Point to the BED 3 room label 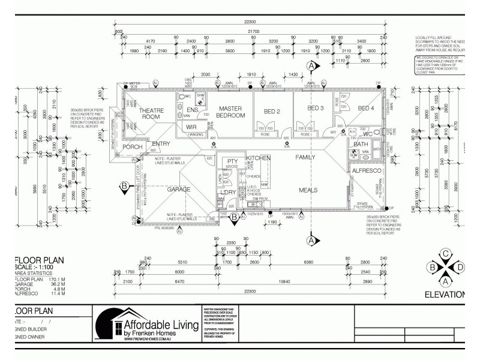(x=316, y=108)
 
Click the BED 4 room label (x=365, y=108)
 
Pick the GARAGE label (x=179, y=189)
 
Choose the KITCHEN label (x=258, y=157)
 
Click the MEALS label (x=308, y=190)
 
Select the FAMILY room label (x=305, y=157)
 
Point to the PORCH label (x=132, y=148)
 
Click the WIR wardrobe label (x=191, y=127)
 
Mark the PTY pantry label (x=232, y=162)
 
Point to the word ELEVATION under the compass (x=445, y=295)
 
